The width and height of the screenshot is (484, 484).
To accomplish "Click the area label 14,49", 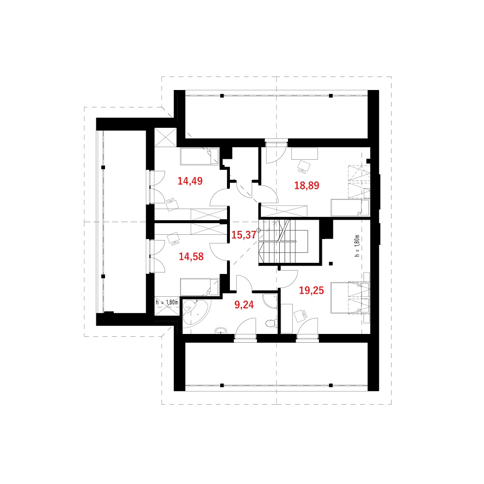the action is (x=190, y=181).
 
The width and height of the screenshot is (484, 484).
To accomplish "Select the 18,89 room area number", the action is (x=306, y=185).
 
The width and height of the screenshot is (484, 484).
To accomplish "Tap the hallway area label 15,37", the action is (x=244, y=235).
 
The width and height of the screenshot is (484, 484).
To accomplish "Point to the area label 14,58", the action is (x=191, y=257).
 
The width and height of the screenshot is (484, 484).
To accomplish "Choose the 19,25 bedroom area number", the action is (x=311, y=290).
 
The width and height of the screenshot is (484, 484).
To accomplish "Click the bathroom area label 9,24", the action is (x=244, y=304).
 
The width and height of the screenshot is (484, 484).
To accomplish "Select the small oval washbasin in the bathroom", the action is (x=221, y=331).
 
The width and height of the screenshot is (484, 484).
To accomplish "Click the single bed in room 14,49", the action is (x=199, y=156).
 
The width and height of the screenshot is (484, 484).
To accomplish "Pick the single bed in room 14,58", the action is (x=199, y=287).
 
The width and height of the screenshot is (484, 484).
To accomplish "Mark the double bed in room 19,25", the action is (x=350, y=298).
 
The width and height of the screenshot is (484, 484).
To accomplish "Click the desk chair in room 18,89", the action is (x=304, y=166).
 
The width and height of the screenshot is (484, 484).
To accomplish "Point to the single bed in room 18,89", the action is (x=350, y=208).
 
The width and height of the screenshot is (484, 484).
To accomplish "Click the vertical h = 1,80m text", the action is (x=357, y=246).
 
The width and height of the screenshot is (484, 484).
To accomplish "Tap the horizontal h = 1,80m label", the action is (x=166, y=302).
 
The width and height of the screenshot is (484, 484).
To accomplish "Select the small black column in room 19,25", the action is (x=331, y=264).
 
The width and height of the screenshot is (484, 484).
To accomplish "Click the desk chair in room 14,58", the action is (x=173, y=238).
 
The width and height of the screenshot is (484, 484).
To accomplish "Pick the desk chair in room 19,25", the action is (x=301, y=316).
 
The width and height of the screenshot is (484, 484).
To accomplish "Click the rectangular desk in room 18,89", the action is (x=304, y=154).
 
